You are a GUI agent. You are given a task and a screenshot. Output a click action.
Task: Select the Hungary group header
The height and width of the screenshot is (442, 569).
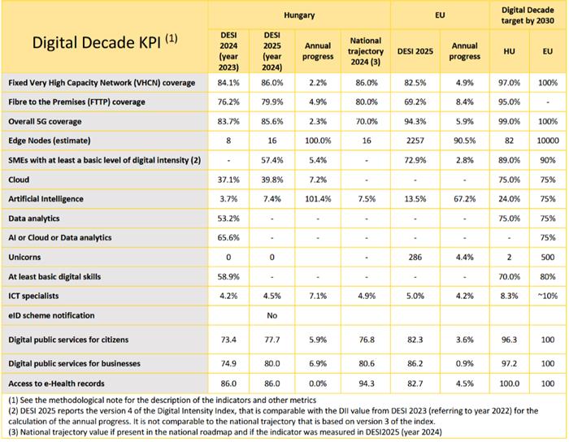click(299, 15)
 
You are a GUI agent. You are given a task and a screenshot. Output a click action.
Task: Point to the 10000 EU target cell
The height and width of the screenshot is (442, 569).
click(546, 141)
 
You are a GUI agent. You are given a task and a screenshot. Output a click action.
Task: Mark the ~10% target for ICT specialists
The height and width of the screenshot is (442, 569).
click(546, 295)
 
